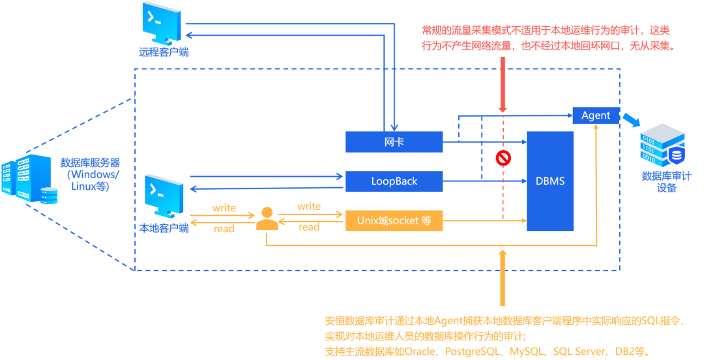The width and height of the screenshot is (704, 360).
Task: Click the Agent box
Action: pos(596,115)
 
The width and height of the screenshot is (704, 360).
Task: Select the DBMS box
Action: pos(550,181)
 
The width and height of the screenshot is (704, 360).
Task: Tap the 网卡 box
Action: pos(394,141)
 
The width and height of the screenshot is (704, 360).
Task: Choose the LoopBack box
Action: pos(394,181)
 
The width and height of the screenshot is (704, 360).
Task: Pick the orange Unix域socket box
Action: pos(394,220)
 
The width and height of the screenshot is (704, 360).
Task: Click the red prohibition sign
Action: pos(502,158)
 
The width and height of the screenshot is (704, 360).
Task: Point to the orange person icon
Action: pos(266,218)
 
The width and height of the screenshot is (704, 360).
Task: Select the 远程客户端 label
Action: pos(164,52)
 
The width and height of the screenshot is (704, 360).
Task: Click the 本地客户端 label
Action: pos(164,228)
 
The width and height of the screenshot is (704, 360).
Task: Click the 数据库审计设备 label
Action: pos(666,181)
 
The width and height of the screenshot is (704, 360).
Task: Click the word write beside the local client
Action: pos(224,208)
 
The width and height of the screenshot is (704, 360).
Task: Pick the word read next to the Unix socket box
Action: pos(309,228)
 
